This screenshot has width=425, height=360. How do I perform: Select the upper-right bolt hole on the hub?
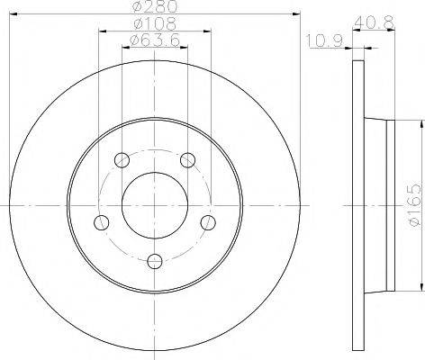(187, 161)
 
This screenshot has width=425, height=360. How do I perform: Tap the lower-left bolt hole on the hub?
(102, 222)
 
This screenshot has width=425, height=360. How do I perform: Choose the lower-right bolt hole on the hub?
(207, 222)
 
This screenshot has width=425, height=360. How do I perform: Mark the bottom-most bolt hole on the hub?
(155, 261)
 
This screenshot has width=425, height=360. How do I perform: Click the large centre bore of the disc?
(155, 205)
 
